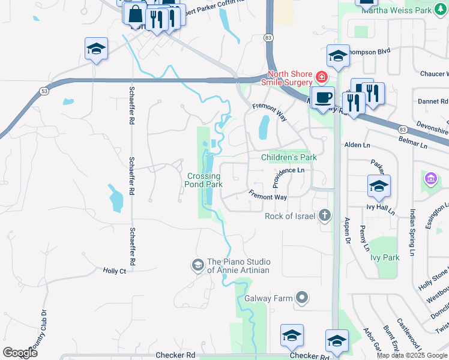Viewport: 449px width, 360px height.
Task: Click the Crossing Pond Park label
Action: (205, 180)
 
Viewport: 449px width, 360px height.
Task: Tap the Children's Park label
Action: (289, 157)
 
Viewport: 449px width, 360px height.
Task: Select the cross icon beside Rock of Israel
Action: (325, 215)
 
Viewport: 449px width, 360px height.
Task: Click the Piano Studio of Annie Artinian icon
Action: (197, 265)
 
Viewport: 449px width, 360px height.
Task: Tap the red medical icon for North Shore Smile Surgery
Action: (322, 78)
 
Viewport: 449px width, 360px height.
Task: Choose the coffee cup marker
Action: (323, 98)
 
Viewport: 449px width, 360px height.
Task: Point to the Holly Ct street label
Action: (114, 271)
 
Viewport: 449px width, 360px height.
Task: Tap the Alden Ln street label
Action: (357, 145)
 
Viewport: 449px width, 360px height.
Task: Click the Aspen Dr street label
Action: (347, 231)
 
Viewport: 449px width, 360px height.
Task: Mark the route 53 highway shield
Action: (43, 90)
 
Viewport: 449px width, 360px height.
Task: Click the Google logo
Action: (20, 352)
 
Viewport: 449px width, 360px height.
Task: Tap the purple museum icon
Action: (430, 179)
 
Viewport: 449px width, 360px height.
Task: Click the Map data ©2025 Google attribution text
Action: (412, 355)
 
